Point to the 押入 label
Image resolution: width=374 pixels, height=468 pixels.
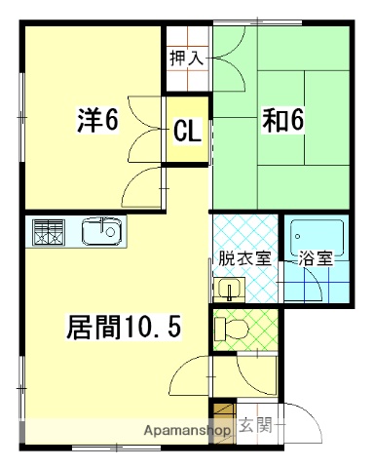coord(186,58)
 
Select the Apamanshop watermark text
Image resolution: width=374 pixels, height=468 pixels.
coord(187,429)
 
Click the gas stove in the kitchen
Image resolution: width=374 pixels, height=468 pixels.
coord(48,232)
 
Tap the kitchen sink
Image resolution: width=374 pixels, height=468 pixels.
coord(101,232)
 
